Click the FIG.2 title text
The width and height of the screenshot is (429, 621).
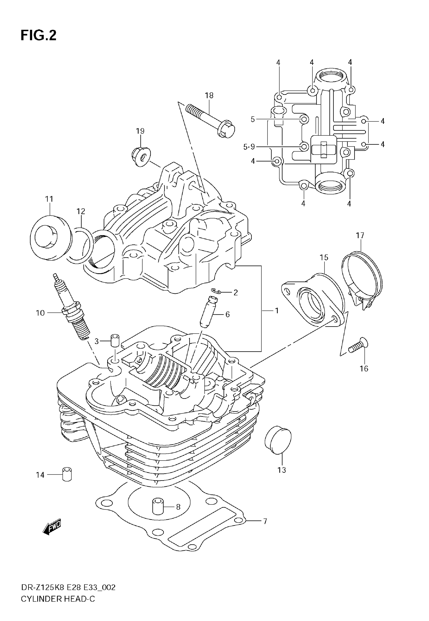38,36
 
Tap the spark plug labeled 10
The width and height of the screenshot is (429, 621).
72,311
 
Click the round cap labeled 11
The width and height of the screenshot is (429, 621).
51,237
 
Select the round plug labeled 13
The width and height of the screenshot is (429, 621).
278,440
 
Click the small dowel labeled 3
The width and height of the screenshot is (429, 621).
115,341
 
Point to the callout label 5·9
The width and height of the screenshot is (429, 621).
249,147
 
